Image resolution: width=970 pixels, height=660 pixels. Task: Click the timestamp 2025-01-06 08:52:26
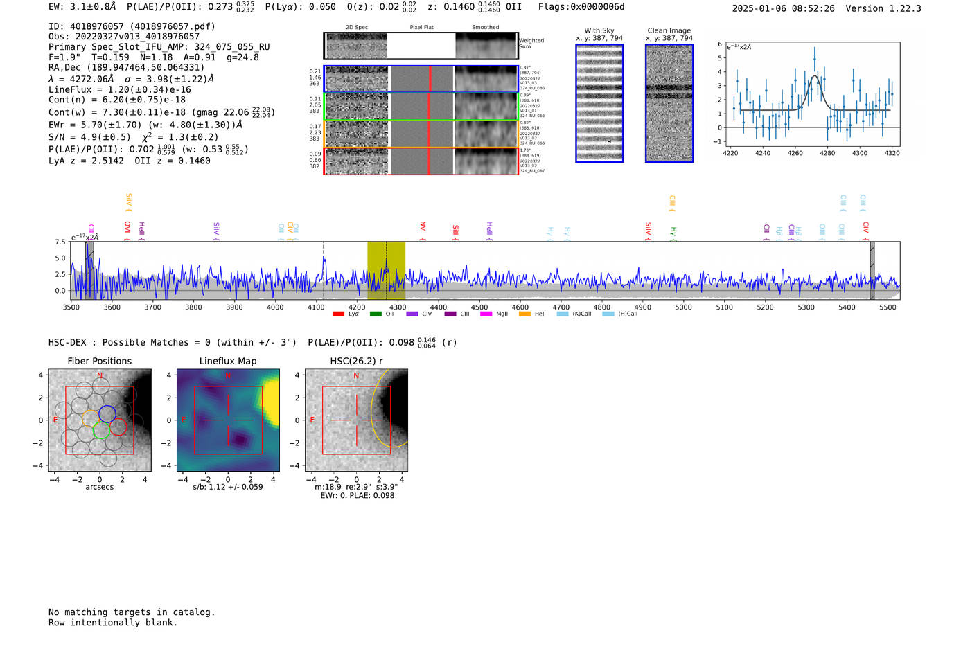[x=783, y=8]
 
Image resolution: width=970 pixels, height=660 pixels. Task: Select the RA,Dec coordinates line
[x=126, y=67]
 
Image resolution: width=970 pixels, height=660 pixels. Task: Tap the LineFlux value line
[x=119, y=89]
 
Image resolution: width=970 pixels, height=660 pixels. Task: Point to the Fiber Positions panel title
[x=99, y=361]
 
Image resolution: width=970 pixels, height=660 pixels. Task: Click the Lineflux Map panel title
[x=228, y=361]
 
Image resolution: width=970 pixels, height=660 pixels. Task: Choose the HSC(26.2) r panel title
[x=356, y=361]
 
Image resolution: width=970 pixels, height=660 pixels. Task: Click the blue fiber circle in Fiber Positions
[x=107, y=414]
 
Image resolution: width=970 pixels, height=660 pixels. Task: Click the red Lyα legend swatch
[x=338, y=314]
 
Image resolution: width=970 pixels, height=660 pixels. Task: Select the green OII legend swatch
[x=376, y=314]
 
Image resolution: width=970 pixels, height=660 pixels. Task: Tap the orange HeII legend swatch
[x=524, y=314]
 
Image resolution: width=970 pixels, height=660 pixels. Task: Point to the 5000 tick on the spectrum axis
[x=684, y=307]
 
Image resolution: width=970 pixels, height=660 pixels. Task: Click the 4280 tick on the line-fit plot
[x=827, y=152]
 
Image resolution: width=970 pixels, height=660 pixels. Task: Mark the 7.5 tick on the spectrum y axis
[x=60, y=242]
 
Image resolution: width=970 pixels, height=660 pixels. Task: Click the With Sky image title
[x=599, y=30]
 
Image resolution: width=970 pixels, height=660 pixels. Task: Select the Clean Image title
[x=669, y=30]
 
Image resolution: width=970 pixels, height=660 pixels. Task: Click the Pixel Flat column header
[x=421, y=27]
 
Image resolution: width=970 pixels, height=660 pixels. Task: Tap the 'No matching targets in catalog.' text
[x=132, y=612]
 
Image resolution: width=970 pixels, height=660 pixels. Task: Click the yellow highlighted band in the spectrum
[x=386, y=270]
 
